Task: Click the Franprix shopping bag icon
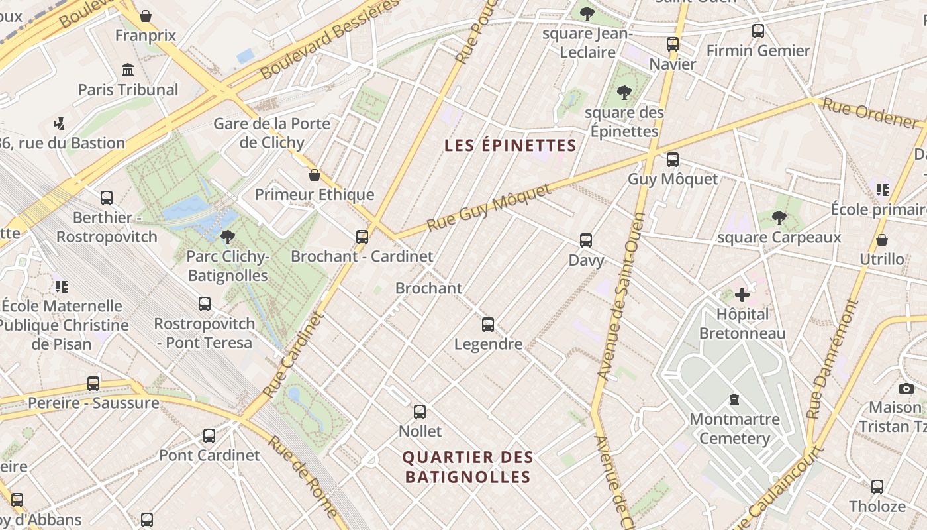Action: click(146, 15)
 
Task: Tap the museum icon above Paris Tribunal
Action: click(128, 70)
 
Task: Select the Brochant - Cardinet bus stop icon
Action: click(362, 237)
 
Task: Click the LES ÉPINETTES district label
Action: click(511, 145)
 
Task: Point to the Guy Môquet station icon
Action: click(672, 159)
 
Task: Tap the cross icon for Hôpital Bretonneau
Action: click(742, 294)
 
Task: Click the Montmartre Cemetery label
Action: click(734, 429)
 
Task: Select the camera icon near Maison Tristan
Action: click(906, 388)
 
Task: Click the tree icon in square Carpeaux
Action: click(779, 217)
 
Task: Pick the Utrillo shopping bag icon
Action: click(881, 239)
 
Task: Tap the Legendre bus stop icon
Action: click(488, 324)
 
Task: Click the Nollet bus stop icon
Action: click(419, 411)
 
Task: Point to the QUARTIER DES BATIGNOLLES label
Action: click(468, 467)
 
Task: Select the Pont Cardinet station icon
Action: click(209, 435)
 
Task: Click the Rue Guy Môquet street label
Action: click(489, 207)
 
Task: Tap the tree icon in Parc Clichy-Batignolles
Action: click(227, 237)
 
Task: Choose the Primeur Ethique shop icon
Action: click(315, 175)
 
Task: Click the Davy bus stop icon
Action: click(585, 240)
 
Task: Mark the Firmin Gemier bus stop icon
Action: click(757, 30)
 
